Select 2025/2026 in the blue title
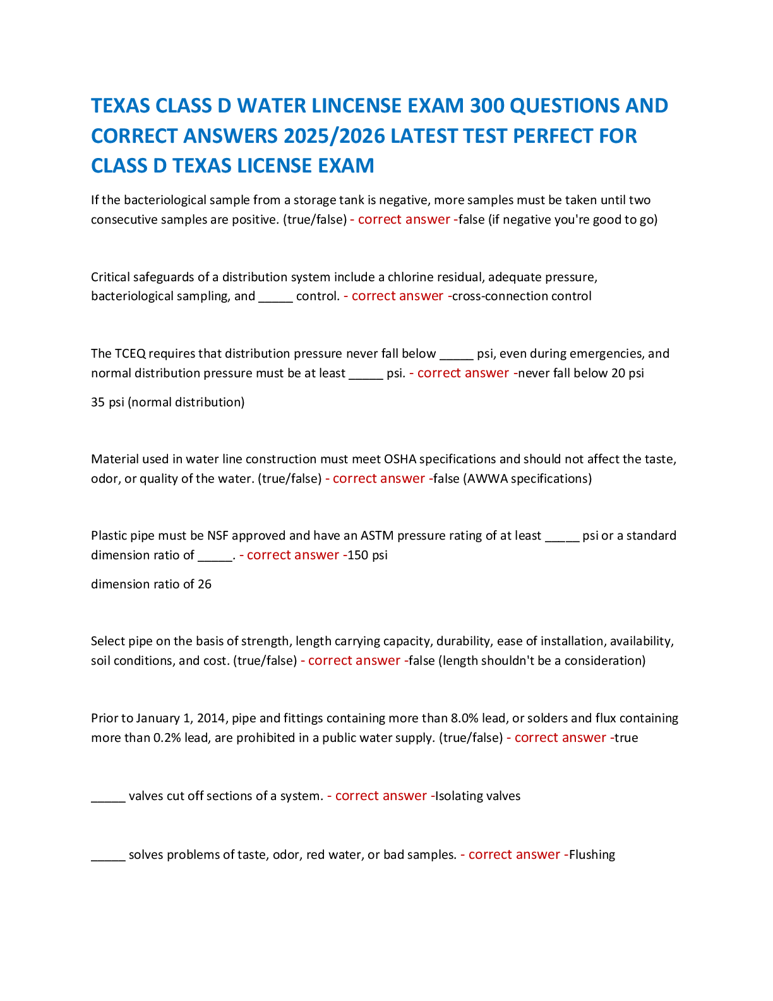(334, 136)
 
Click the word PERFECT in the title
(549, 136)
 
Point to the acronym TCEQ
(130, 354)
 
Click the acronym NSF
(217, 536)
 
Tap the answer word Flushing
(592, 855)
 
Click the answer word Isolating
(458, 796)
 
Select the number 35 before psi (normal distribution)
(98, 403)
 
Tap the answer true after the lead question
(626, 738)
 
